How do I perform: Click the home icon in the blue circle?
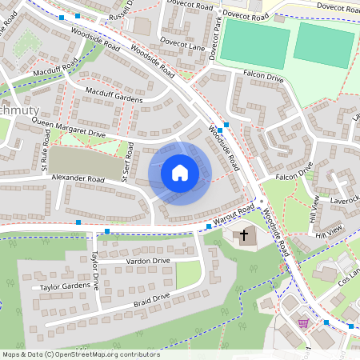(x=179, y=173)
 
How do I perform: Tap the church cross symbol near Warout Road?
(x=245, y=235)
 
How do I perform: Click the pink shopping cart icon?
(x=303, y=323)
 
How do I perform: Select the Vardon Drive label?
(x=149, y=261)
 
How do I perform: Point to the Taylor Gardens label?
(x=60, y=286)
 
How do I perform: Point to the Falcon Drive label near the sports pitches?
(x=264, y=78)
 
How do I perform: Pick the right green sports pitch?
(x=323, y=43)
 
